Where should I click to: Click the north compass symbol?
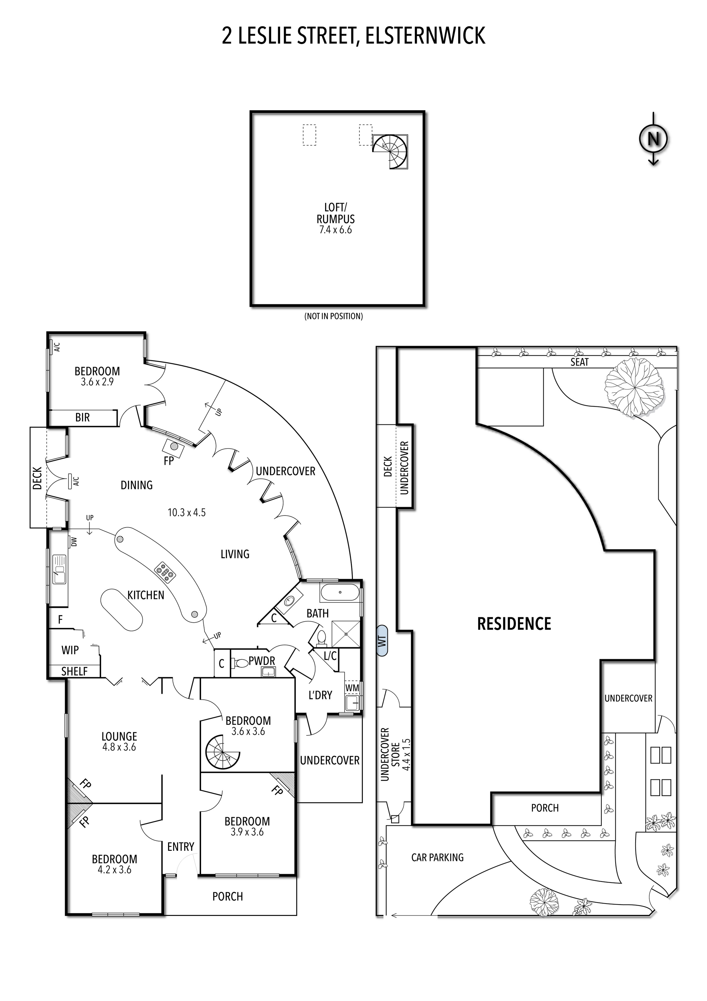click(x=653, y=139)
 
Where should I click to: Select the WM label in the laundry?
click(x=352, y=688)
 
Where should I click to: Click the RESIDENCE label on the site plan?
click(x=514, y=624)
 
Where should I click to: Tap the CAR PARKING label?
click(x=437, y=858)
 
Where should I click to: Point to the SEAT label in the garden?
click(x=579, y=362)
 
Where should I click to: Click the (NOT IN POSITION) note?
click(x=333, y=316)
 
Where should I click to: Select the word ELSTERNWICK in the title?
click(x=425, y=36)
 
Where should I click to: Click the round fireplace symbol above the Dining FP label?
click(x=173, y=446)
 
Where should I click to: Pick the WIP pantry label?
click(x=70, y=650)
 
